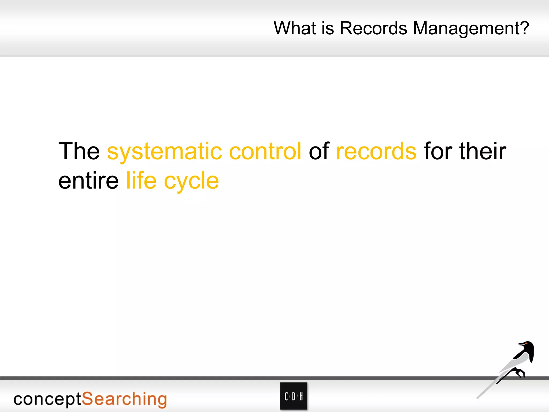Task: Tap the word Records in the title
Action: pyautogui.click(x=373, y=28)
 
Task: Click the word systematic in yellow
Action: pyautogui.click(x=165, y=152)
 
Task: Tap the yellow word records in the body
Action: pyautogui.click(x=376, y=152)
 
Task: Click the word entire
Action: pyautogui.click(x=88, y=181)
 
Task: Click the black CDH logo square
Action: pyautogui.click(x=294, y=396)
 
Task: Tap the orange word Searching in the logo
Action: pyautogui.click(x=124, y=399)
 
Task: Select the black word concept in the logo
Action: pyautogui.click(x=47, y=399)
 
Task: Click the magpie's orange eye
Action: pyautogui.click(x=526, y=344)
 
